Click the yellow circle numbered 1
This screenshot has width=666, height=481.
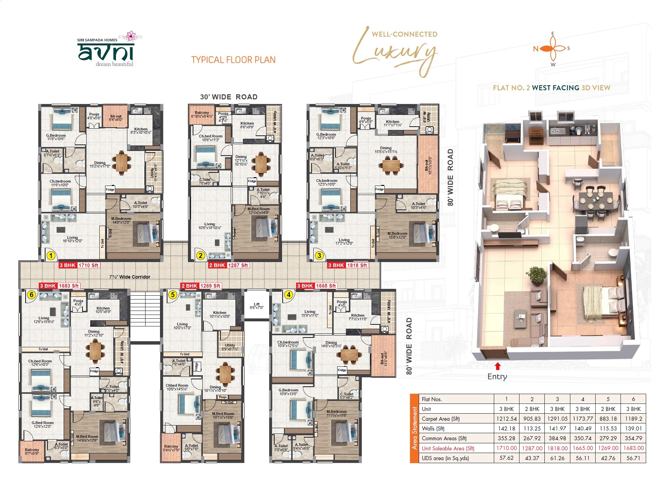pyautogui.click(x=51, y=256)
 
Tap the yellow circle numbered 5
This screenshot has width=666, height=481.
pyautogui.click(x=172, y=295)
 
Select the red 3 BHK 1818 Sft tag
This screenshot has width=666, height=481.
pyautogui.click(x=348, y=265)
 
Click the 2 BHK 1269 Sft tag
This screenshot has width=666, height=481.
pyautogui.click(x=201, y=286)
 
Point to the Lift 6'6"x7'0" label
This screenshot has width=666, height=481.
pyautogui.click(x=257, y=306)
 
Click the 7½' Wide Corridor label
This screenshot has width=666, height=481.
pyautogui.click(x=130, y=277)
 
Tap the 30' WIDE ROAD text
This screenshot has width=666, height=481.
pyautogui.click(x=229, y=97)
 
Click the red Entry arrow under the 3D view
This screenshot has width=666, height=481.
pyautogui.click(x=498, y=366)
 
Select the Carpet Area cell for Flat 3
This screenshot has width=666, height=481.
pyautogui.click(x=557, y=419)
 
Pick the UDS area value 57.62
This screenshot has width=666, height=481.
pyautogui.click(x=506, y=458)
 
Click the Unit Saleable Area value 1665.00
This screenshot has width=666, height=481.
pyautogui.click(x=582, y=448)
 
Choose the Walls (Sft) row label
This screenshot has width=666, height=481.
pyautogui.click(x=433, y=429)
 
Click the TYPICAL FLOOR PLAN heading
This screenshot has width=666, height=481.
pyautogui.click(x=233, y=60)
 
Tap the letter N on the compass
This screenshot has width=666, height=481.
pyautogui.click(x=536, y=49)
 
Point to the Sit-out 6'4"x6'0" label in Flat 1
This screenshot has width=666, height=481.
pyautogui.click(x=116, y=118)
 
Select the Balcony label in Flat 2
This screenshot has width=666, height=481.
pyautogui.click(x=202, y=114)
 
